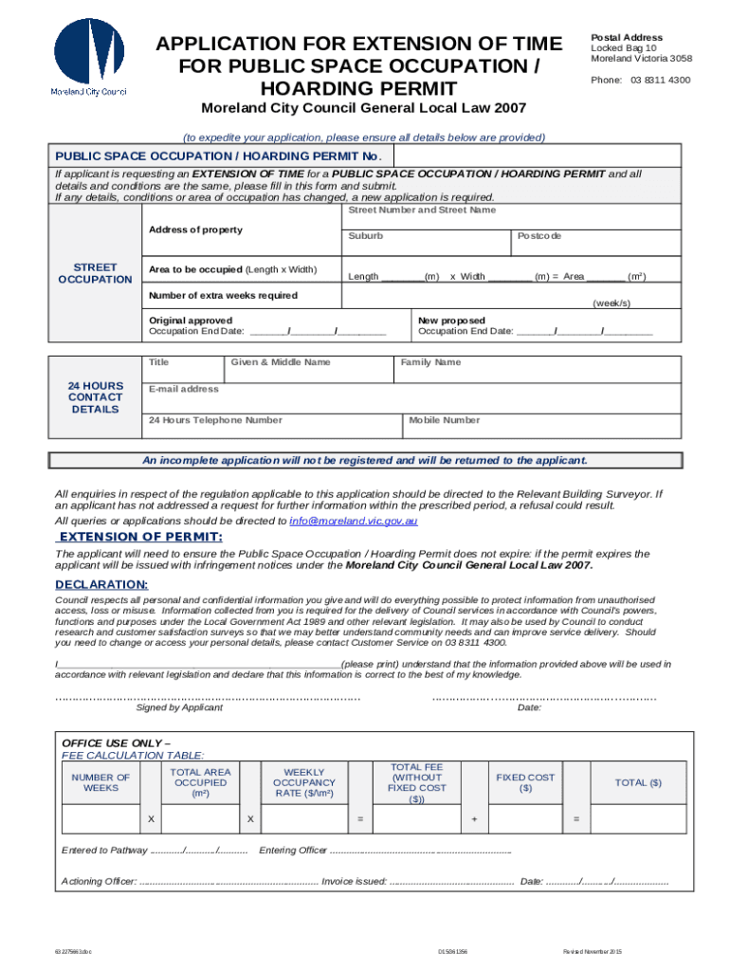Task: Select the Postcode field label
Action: click(539, 235)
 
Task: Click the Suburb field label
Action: click(365, 235)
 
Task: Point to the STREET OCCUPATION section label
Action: click(95, 273)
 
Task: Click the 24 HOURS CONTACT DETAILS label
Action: click(95, 397)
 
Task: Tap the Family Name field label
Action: click(430, 362)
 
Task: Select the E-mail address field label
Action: click(184, 389)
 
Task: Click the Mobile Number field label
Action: click(444, 420)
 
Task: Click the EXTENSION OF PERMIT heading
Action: click(140, 537)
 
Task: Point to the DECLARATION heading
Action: click(100, 584)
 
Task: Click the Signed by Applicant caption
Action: click(179, 707)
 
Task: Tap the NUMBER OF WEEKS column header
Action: click(100, 782)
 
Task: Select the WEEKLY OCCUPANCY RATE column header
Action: click(304, 782)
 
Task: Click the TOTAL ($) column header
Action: click(638, 782)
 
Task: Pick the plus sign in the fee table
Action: click(474, 818)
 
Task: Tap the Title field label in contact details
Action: click(158, 362)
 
